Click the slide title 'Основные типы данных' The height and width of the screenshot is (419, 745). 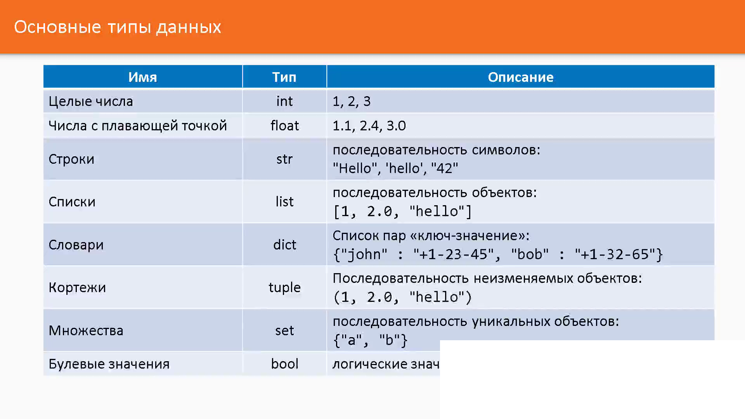(x=118, y=27)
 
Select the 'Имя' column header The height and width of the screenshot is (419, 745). (x=143, y=77)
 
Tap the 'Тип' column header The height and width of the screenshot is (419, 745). (x=284, y=77)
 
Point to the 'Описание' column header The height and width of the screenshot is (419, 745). (x=521, y=77)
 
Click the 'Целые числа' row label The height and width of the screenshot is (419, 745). (x=91, y=102)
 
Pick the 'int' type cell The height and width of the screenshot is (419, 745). (x=284, y=101)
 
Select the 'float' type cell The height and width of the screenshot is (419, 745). (x=284, y=126)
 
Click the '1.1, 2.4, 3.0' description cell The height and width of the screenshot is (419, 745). (x=369, y=126)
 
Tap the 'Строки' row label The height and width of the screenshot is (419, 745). (x=71, y=159)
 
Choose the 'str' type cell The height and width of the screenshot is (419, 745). (x=284, y=159)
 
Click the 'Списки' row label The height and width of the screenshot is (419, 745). (x=72, y=202)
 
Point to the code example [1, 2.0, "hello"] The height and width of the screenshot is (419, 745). (x=403, y=212)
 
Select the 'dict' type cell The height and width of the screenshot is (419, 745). (x=284, y=245)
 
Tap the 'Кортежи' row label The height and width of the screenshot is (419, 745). (x=77, y=287)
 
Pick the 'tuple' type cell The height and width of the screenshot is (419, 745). (x=284, y=288)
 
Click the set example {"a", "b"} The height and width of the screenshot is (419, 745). (x=371, y=340)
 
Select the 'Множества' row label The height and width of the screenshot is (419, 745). (x=86, y=331)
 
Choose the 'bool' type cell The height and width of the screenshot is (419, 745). (x=284, y=364)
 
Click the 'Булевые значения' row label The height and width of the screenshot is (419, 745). (x=109, y=364)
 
